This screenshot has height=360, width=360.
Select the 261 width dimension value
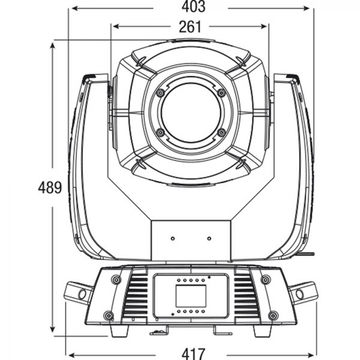click(190, 26)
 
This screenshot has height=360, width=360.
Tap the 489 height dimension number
click(50, 188)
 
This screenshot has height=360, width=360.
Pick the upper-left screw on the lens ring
click(160, 93)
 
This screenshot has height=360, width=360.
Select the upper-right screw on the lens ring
click(221, 93)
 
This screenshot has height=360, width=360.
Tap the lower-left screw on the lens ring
click(160, 133)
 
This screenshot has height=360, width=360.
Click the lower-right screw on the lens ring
click(221, 133)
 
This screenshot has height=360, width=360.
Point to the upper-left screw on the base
click(116, 280)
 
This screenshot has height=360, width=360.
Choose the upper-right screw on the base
click(265, 280)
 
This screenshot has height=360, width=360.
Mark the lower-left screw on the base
click(108, 315)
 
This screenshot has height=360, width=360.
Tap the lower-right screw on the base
click(273, 315)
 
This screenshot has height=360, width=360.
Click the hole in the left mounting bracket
click(81, 294)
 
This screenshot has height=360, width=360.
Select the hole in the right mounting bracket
click(300, 294)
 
